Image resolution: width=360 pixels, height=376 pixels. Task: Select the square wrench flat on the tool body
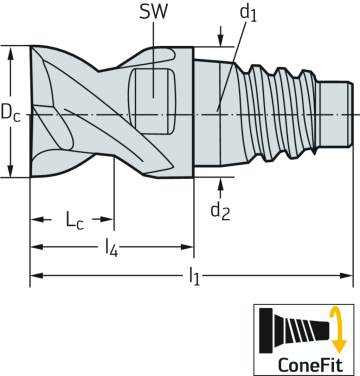(150, 85)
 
